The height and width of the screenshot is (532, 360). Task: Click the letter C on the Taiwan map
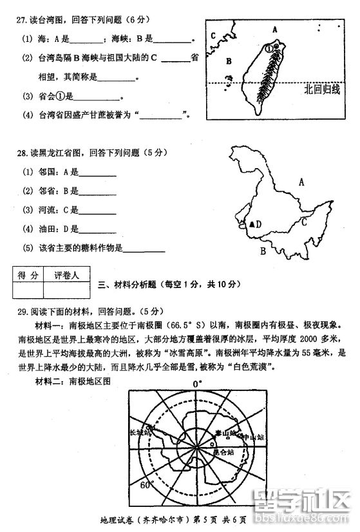coord(213,36)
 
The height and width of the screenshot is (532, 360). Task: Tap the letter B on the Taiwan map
coord(228,61)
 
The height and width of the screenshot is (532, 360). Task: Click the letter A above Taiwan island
coord(274,29)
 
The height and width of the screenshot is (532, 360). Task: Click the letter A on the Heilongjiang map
coord(300,182)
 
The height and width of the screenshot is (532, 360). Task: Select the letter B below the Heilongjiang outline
coord(263,251)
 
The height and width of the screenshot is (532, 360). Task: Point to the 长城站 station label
coord(141,433)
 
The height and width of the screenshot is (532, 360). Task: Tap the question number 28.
coord(21,153)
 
